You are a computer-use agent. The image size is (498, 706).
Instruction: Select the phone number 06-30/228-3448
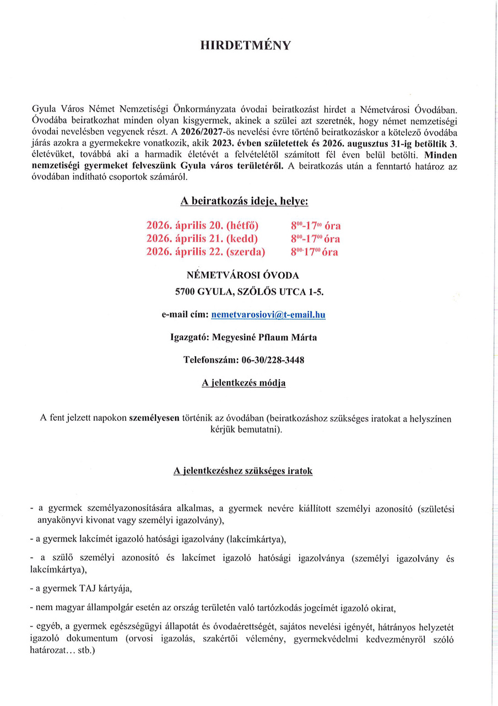(x=273, y=360)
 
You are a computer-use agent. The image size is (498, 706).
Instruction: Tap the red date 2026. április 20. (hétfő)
(x=202, y=225)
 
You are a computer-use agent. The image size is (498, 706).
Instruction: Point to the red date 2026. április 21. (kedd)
(x=202, y=238)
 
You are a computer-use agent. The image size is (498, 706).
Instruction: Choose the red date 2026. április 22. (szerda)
(x=205, y=252)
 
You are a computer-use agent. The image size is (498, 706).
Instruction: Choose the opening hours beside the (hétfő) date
(x=316, y=225)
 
